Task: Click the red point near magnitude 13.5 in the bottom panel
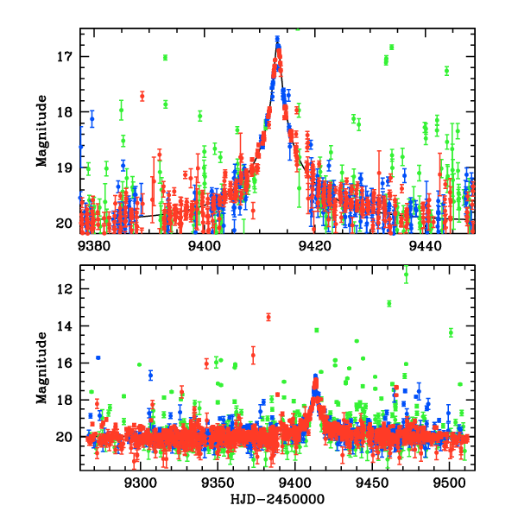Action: [x=268, y=317]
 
